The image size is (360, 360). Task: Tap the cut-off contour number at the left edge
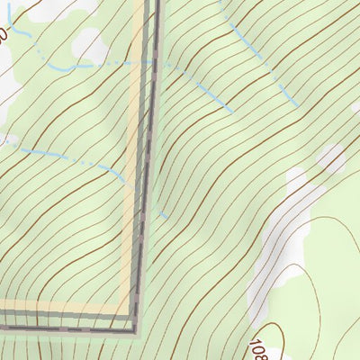tap(4, 37)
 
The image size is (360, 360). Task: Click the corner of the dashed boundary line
tap(136, 329)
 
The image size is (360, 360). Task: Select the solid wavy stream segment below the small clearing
tap(67, 67)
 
